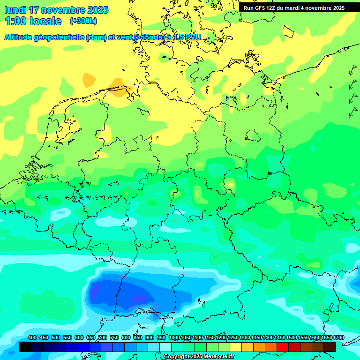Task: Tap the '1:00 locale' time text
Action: click(33, 21)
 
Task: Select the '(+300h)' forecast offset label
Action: click(83, 21)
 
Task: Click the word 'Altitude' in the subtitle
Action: click(22, 37)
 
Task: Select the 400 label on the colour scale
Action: click(32, 338)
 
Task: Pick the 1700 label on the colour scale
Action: click(338, 338)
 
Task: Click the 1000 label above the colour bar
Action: click(174, 338)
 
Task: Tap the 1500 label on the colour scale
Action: click(292, 338)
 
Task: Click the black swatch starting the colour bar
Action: click(25, 347)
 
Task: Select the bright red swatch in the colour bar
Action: click(283, 347)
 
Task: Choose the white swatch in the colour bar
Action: click(165, 347)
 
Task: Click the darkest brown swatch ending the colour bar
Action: click(330, 347)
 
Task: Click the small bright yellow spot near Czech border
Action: click(230, 184)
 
